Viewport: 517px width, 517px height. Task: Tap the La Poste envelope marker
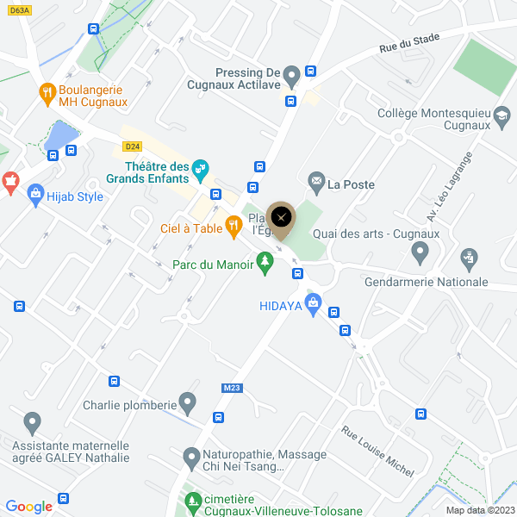tap(316, 182)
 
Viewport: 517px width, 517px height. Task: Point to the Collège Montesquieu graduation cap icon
tap(501, 115)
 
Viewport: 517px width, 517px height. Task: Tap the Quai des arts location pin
tap(420, 252)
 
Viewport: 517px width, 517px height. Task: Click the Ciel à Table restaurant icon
tap(234, 227)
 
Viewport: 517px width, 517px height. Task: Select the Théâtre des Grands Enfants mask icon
tap(200, 168)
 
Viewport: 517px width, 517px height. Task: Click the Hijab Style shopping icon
tap(36, 196)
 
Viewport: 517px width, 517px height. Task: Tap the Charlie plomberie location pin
tap(187, 402)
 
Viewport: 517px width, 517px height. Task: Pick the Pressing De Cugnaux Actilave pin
tap(291, 74)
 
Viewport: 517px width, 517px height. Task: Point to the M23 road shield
tap(231, 388)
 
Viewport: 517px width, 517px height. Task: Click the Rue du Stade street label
tap(409, 43)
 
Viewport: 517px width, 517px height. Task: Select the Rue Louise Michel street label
tap(377, 451)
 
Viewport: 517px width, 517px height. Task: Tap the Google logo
tap(29, 507)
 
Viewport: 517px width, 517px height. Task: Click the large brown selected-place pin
tap(281, 219)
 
